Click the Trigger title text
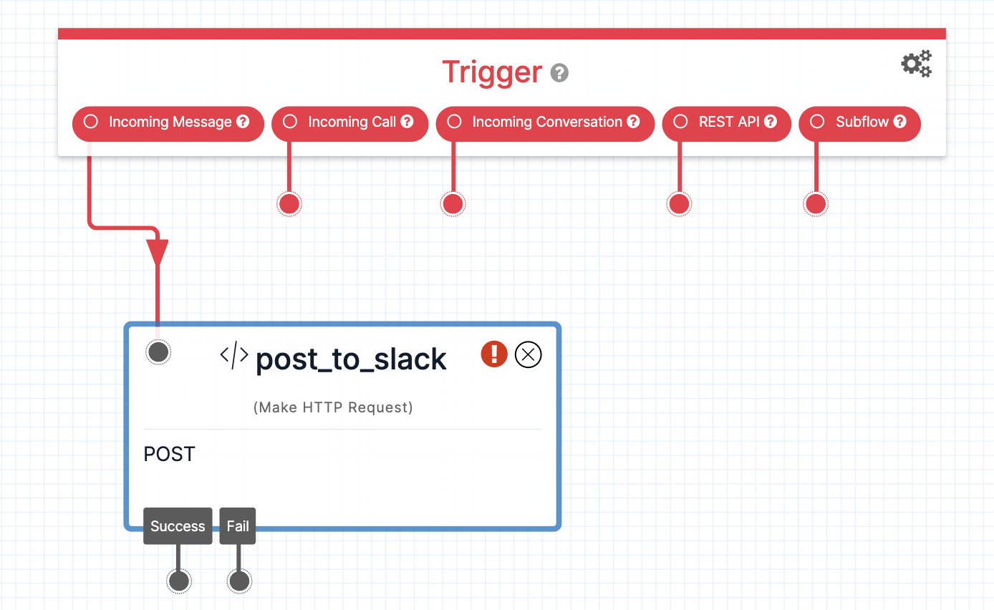(492, 72)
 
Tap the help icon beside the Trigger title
(559, 73)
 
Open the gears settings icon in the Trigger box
(916, 64)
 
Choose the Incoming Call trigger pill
(349, 122)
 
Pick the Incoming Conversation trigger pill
(545, 122)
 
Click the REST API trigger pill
(727, 122)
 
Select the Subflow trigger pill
(859, 122)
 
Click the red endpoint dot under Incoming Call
(289, 204)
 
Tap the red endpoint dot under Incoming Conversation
(453, 204)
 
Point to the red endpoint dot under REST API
(679, 204)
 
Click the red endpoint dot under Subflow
(816, 204)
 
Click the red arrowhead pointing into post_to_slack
(158, 252)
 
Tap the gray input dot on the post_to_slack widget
(158, 352)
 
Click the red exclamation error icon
(494, 354)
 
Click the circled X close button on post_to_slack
(529, 354)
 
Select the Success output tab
(178, 526)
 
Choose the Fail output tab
(238, 526)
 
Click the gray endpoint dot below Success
(179, 581)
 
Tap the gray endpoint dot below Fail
(239, 581)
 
